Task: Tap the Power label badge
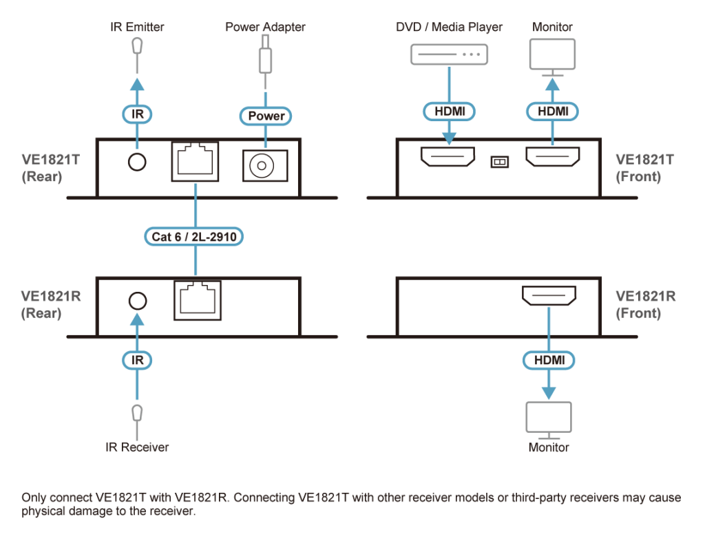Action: click(x=266, y=116)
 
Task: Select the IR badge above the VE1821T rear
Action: click(x=138, y=114)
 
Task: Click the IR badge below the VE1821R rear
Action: click(x=138, y=359)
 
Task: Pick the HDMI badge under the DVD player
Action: click(x=449, y=110)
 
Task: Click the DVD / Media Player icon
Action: click(x=449, y=54)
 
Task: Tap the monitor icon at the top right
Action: click(x=551, y=56)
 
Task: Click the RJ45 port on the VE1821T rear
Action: click(x=196, y=161)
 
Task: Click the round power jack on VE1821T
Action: click(x=264, y=164)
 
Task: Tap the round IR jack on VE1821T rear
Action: click(x=137, y=162)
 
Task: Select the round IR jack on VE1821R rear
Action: click(x=137, y=301)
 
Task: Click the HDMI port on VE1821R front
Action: click(x=549, y=297)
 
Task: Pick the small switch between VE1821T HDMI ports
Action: click(x=498, y=161)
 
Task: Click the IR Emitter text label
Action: click(x=138, y=28)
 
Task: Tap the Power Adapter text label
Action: click(x=265, y=28)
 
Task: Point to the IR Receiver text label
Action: click(x=138, y=447)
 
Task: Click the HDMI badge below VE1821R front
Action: click(x=549, y=359)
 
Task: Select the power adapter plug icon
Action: click(x=265, y=59)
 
